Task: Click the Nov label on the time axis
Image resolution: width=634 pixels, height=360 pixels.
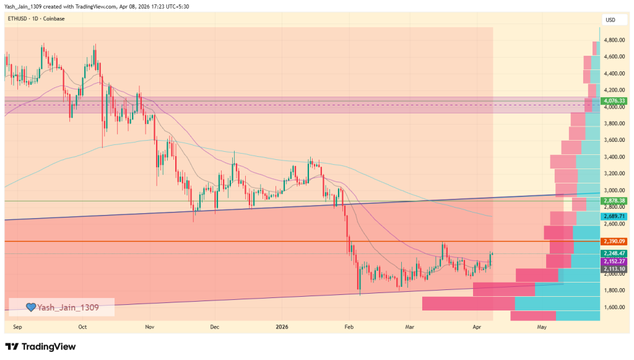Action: click(x=149, y=326)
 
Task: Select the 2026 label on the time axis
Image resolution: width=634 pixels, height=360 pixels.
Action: click(x=282, y=326)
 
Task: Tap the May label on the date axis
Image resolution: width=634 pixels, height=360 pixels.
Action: click(x=542, y=326)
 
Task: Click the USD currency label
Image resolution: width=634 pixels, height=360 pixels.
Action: click(x=610, y=20)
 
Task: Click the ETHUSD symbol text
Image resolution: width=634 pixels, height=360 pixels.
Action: click(x=17, y=19)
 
